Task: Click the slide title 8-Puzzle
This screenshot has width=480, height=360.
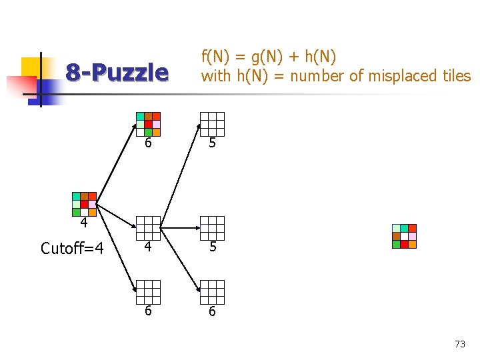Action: click(117, 73)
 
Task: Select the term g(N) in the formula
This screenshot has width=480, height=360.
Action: click(249, 57)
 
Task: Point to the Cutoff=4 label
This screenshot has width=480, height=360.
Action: click(72, 249)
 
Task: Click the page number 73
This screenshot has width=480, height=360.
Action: click(459, 344)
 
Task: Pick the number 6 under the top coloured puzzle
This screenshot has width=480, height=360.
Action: click(148, 143)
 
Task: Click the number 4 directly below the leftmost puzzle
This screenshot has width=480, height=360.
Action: click(84, 222)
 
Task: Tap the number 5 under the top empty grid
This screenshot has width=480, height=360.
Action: click(212, 143)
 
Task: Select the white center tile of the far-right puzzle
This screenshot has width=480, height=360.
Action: click(404, 236)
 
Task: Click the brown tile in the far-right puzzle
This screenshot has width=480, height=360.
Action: click(396, 236)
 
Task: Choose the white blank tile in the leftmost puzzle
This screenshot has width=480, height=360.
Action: click(76, 204)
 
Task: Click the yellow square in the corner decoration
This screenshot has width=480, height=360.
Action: click(31, 67)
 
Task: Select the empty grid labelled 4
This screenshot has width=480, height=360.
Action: click(148, 227)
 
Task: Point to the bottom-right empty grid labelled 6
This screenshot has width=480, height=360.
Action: click(212, 291)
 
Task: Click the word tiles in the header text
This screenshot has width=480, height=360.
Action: click(456, 76)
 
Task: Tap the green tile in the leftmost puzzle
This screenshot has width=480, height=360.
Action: click(76, 212)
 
